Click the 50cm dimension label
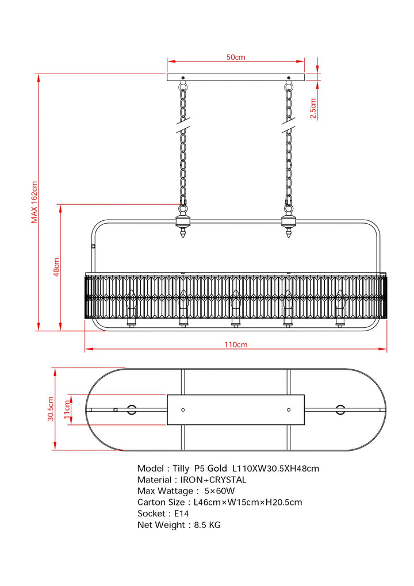[236, 57]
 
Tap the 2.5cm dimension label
[313, 108]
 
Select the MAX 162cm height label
[34, 202]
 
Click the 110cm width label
[236, 344]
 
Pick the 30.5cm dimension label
[51, 408]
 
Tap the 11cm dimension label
[67, 409]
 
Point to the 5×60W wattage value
[220, 491]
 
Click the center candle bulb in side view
[235, 305]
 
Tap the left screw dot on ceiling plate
[183, 78]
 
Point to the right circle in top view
[340, 409]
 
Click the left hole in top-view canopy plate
[183, 409]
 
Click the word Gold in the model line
[217, 469]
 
